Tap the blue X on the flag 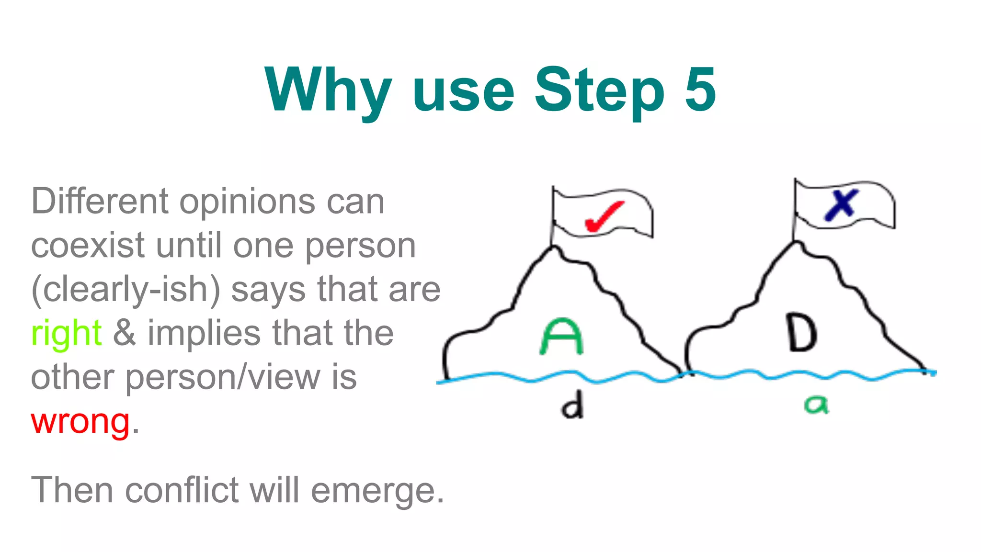841,205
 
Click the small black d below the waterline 572,405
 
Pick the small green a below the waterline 816,405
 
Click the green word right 66,333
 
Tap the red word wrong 80,422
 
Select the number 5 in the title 700,90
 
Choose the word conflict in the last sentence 182,490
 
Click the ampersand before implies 125,333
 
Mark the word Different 100,201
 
